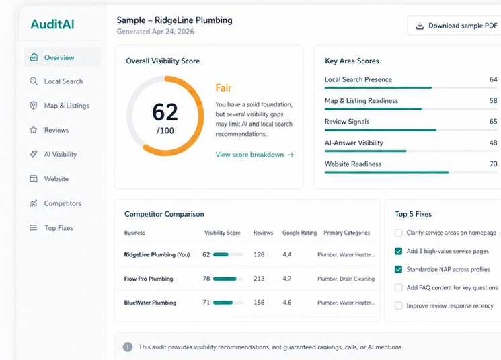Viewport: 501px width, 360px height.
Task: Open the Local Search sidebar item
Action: coord(63,81)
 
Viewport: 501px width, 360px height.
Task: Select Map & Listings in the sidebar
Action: coord(66,106)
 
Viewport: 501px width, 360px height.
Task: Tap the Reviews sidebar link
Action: coord(56,130)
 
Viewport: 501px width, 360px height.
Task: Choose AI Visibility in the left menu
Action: coord(60,155)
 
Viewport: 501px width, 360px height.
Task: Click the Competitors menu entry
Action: coord(62,203)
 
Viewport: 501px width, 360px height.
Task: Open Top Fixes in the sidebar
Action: coord(59,228)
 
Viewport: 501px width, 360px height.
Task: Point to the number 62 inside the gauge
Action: coord(165,112)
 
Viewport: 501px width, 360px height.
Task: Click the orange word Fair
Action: coord(224,87)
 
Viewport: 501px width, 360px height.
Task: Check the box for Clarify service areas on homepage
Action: coord(399,233)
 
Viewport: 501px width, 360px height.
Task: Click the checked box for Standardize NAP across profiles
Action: coord(399,269)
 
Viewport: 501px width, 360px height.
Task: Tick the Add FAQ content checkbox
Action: coord(399,287)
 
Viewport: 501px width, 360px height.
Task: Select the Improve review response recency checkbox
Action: coord(399,305)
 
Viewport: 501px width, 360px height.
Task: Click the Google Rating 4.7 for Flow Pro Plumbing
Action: coord(286,279)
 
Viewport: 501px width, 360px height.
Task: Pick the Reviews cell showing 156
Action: coord(259,303)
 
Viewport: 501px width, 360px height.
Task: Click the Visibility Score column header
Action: coord(222,233)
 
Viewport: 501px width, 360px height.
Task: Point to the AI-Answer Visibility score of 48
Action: coord(493,143)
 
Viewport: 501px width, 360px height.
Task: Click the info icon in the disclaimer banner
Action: coord(128,347)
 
